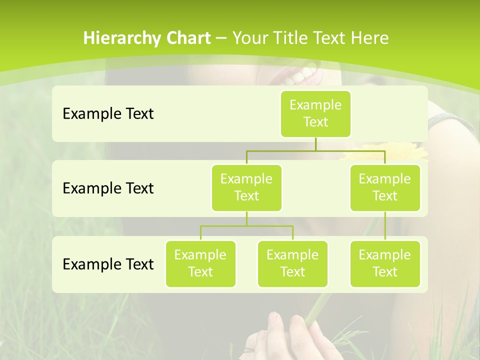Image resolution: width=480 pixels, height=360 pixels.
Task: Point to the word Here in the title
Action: [370, 38]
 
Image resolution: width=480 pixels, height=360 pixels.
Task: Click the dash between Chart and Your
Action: [221, 38]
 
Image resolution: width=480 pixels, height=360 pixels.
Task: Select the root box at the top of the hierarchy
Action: [315, 113]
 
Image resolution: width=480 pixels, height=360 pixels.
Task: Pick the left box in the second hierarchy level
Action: [246, 187]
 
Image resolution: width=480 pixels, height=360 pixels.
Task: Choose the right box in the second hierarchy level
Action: [385, 187]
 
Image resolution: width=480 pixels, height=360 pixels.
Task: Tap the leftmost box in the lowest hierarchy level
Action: [200, 263]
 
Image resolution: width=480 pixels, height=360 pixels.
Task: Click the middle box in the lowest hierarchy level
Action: [292, 263]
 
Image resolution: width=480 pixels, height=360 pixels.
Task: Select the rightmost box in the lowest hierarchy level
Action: [385, 263]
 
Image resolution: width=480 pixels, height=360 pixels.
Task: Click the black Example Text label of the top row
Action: [108, 114]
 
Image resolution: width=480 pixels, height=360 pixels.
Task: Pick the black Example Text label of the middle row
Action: [108, 188]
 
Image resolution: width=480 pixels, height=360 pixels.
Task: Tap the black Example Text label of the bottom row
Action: [108, 264]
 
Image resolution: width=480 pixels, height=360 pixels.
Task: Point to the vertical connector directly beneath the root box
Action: [315, 144]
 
